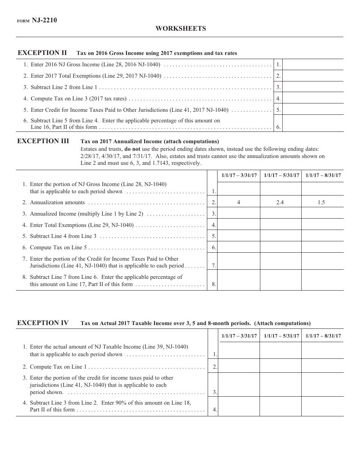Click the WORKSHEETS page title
(180, 28)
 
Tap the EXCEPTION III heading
(43, 141)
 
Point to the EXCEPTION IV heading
(43, 323)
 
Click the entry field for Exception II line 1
(313, 64)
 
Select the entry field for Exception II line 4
(313, 99)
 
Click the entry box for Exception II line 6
(313, 124)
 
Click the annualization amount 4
(239, 202)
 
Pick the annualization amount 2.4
(280, 202)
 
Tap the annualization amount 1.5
(321, 202)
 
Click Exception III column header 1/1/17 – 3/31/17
(239, 175)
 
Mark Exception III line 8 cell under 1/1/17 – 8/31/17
(322, 280)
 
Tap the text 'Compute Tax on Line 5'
(58, 247)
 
